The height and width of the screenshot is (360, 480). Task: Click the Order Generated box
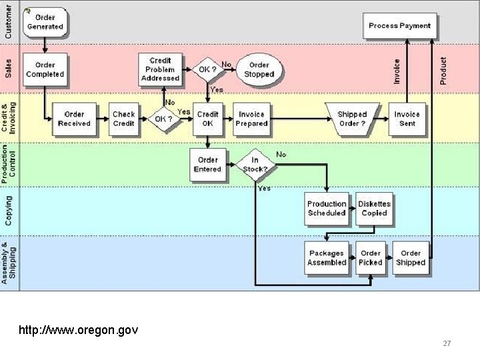click(45, 22)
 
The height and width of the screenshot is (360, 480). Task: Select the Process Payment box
click(399, 26)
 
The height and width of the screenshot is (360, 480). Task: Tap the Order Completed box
click(45, 69)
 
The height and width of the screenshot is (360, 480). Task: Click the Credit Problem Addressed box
click(160, 69)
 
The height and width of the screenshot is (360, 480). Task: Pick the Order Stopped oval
click(259, 69)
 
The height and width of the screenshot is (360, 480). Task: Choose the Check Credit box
click(123, 119)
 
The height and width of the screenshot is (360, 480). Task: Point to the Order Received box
click(74, 119)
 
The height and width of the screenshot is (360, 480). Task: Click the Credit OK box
click(207, 119)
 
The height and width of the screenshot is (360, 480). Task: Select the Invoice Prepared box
click(251, 119)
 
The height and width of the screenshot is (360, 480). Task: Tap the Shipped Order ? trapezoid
click(352, 119)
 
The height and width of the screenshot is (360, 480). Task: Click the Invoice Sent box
click(407, 119)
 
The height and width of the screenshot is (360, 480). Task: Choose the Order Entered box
click(207, 165)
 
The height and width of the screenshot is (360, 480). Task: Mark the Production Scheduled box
click(327, 209)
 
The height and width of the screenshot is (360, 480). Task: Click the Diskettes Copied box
click(374, 209)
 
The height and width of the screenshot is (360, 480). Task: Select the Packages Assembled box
click(327, 258)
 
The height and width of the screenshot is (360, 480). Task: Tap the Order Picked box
click(371, 258)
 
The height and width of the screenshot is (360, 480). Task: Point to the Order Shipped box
click(411, 258)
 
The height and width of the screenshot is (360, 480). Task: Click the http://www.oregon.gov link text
click(79, 329)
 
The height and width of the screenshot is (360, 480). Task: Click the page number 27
click(447, 343)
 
